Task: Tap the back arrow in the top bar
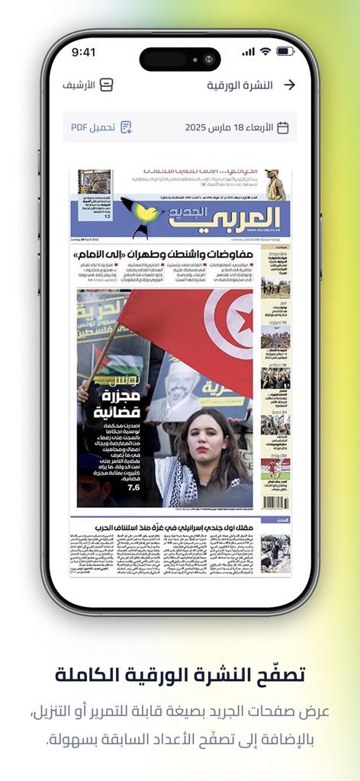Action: pos(289,85)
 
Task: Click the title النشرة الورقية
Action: pos(239,85)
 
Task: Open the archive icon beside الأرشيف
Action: pos(107,85)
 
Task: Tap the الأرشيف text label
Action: pos(79,85)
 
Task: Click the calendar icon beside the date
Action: pos(282,127)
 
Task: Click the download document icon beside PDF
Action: pos(126,127)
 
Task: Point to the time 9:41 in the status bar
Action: pos(83,52)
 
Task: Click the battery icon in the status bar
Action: pos(285,52)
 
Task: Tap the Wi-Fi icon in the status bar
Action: pos(265,52)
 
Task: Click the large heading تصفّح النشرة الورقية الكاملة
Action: pos(180,674)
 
